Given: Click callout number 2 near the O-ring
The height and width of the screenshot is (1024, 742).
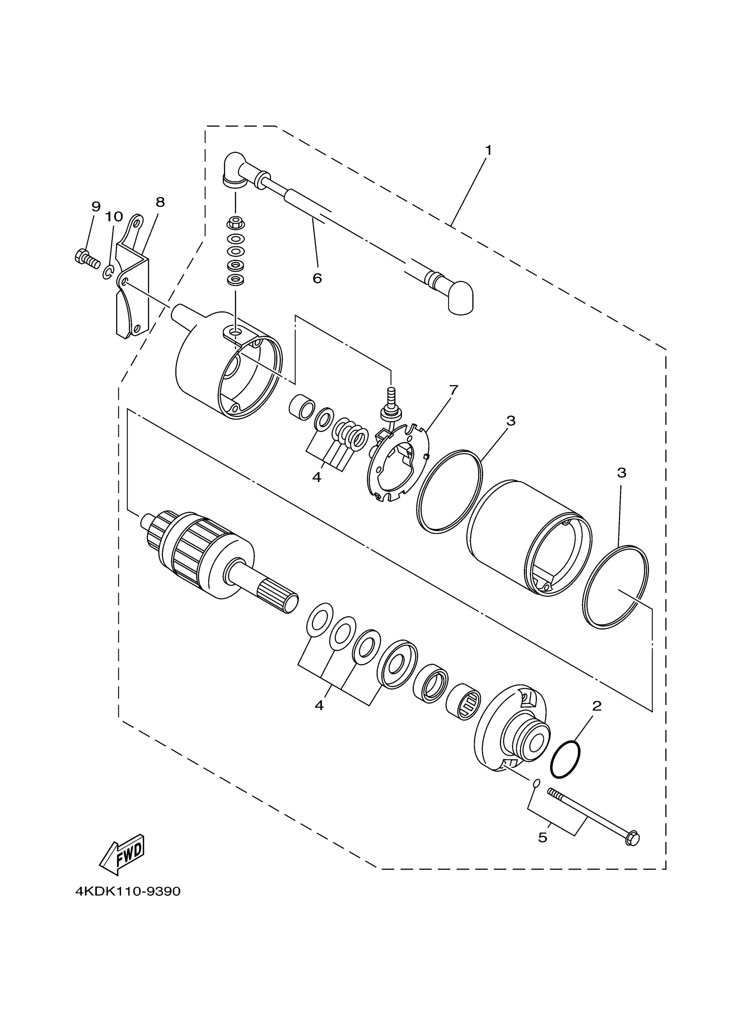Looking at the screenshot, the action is (x=597, y=706).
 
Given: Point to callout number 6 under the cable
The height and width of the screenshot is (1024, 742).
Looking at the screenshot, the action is (x=317, y=278).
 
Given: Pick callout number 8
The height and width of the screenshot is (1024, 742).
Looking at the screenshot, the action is (x=160, y=202).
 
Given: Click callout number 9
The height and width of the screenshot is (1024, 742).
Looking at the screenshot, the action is (x=96, y=207).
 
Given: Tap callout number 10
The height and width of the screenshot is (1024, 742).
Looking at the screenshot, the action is (x=114, y=217).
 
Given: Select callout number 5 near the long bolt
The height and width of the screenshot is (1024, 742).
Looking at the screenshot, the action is (x=543, y=838).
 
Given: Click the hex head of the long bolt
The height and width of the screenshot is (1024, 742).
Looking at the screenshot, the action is (x=633, y=839).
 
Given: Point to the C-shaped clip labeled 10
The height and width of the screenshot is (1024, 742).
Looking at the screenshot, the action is (x=107, y=272).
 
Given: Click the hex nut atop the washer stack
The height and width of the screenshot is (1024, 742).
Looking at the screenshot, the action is (x=235, y=222).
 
